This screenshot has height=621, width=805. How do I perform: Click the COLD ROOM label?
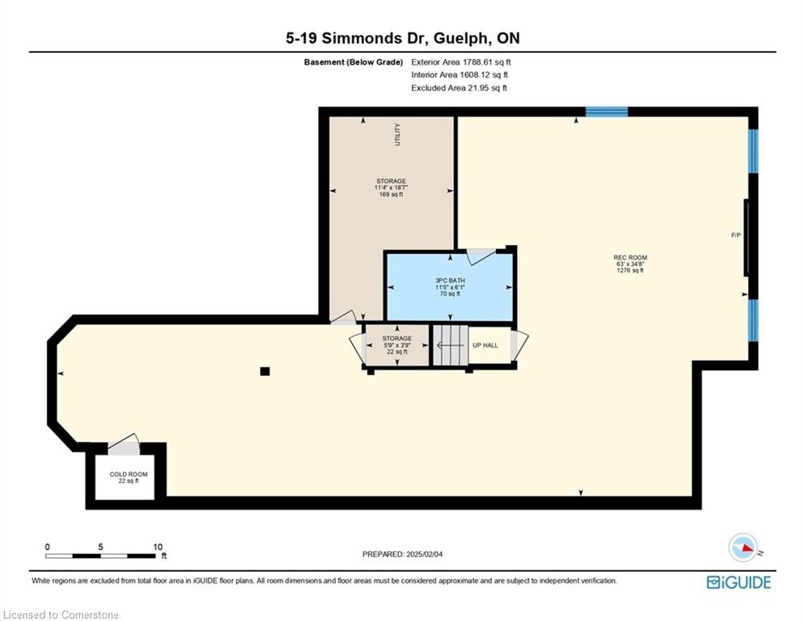click(129, 474)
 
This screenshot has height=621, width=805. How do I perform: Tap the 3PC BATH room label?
click(451, 281)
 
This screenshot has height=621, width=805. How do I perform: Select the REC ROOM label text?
click(630, 258)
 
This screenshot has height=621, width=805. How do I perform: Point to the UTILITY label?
click(397, 134)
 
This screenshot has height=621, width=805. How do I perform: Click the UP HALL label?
click(485, 345)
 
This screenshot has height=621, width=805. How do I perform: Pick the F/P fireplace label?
click(735, 235)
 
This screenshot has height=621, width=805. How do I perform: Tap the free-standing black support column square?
click(265, 371)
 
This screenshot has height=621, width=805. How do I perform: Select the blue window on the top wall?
click(607, 112)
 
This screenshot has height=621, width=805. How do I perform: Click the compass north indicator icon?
click(744, 547)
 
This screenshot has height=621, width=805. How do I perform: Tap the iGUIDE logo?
click(739, 582)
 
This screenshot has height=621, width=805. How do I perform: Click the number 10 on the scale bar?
click(158, 547)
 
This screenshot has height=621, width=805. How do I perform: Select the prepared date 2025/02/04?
click(424, 554)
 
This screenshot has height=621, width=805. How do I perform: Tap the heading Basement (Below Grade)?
click(354, 62)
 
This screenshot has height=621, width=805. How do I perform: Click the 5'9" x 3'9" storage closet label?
click(397, 345)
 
